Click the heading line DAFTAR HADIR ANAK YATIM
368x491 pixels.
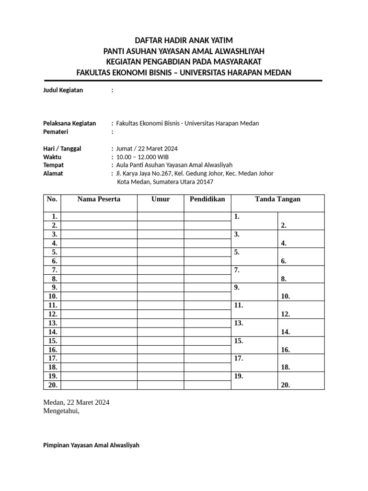184,40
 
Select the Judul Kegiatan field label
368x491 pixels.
63,90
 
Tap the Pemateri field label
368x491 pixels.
56,132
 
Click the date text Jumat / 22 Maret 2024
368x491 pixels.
147,149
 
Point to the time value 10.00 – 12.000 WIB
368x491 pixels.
143,157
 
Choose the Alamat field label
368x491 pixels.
53,174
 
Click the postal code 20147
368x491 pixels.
204,182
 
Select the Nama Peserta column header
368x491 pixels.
99,199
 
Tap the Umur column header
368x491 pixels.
161,199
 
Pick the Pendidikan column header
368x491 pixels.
207,199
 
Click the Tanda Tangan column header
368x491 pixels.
277,199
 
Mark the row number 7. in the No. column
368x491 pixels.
55,270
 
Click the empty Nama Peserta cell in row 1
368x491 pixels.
99,217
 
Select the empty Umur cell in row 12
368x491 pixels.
161,314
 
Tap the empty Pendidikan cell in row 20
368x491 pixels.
207,385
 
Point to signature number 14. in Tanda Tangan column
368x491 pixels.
286,332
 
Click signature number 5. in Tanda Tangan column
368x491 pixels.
237,252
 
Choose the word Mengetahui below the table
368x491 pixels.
59,411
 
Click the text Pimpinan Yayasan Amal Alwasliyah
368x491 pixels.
91,445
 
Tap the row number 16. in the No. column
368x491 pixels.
53,350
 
